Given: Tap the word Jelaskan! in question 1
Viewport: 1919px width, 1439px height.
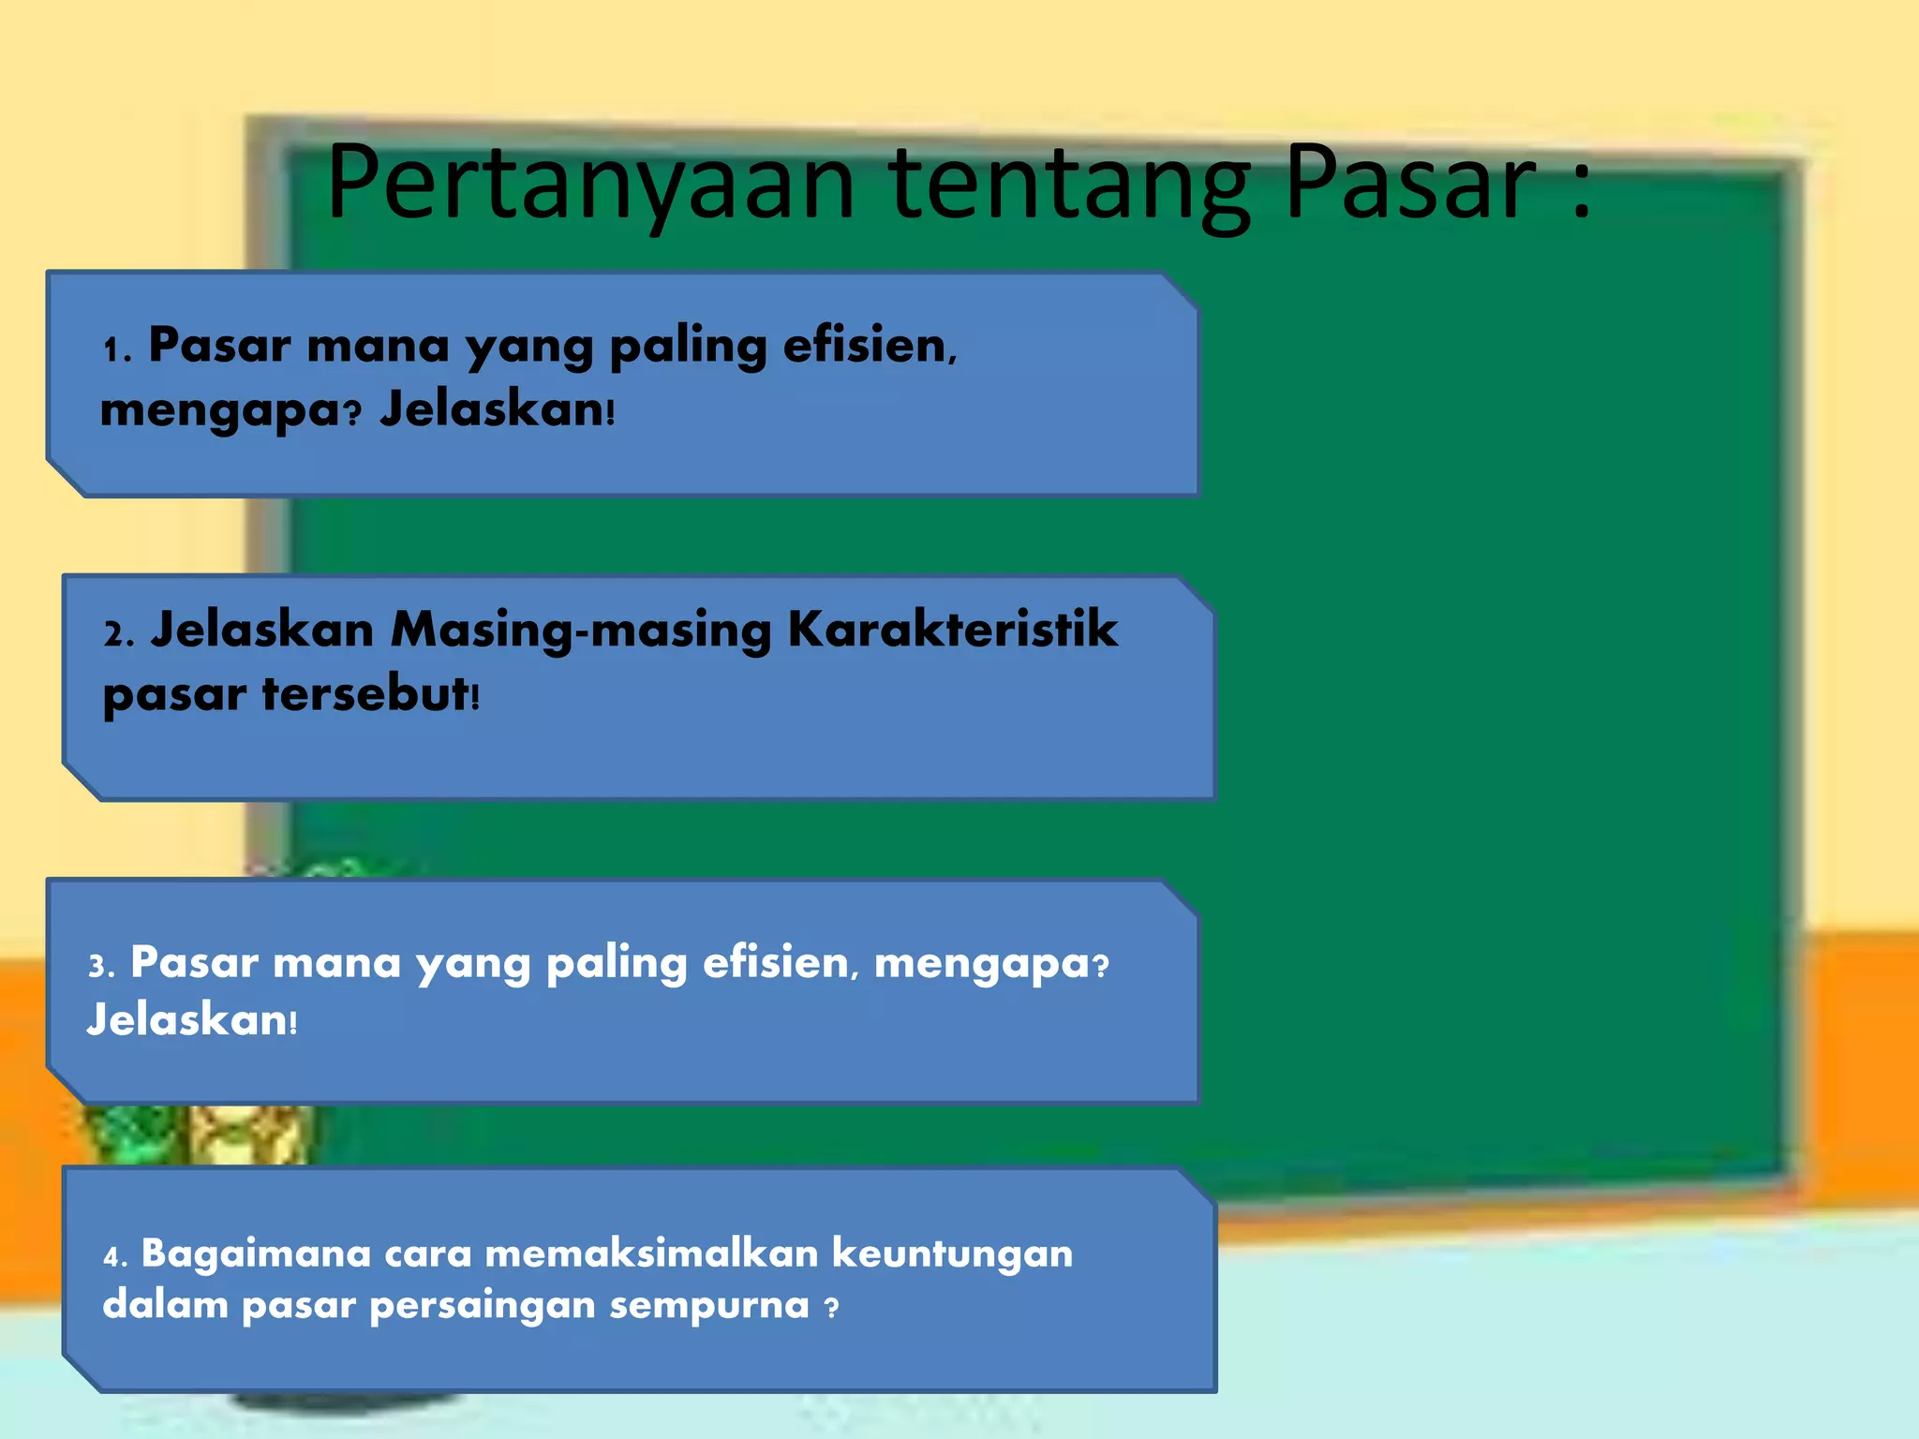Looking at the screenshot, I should click(497, 409).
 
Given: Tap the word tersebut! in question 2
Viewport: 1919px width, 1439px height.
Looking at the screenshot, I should click(370, 694).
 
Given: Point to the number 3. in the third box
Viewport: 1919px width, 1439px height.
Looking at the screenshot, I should click(101, 966).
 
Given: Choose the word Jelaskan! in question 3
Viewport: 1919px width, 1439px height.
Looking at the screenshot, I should click(191, 1020).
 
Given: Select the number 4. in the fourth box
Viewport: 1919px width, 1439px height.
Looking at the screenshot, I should click(115, 1256).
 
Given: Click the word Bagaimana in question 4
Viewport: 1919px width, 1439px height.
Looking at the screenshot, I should click(256, 1254).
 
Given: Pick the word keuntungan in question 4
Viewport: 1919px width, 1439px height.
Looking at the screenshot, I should click(952, 1254).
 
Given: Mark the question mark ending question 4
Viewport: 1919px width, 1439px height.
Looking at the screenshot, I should click(831, 1307).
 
